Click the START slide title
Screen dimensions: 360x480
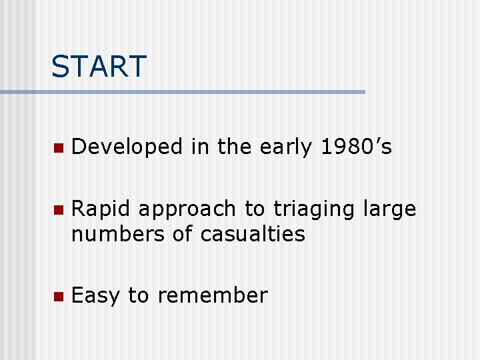point(99,66)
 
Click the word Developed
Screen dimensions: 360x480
point(127,147)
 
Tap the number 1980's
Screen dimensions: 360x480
point(356,147)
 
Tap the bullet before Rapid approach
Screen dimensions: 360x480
point(58,211)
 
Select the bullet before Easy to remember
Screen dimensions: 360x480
point(58,296)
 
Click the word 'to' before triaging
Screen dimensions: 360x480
point(254,209)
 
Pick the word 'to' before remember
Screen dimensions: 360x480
point(139,295)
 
